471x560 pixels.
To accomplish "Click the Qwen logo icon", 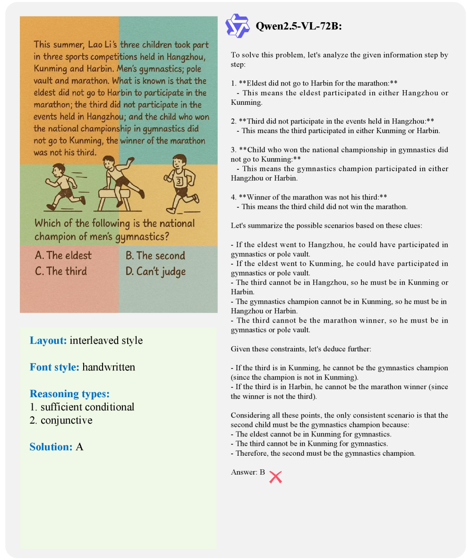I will coord(237,25).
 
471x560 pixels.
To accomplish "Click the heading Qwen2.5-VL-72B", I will coord(298,26).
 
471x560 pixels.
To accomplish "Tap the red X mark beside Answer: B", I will coord(275,477).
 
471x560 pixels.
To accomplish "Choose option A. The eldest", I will coord(63,256).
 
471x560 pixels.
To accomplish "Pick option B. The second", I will coord(155,256).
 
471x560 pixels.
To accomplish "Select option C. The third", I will coord(61,271).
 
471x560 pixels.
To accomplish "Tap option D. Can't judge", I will coord(156,271).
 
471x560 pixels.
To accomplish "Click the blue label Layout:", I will coord(48,340).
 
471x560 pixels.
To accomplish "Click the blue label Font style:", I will coord(54,367).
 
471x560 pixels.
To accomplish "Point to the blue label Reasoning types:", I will coord(69,393).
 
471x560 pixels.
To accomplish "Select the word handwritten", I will coord(109,367).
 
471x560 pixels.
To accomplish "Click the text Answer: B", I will coord(248,472).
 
